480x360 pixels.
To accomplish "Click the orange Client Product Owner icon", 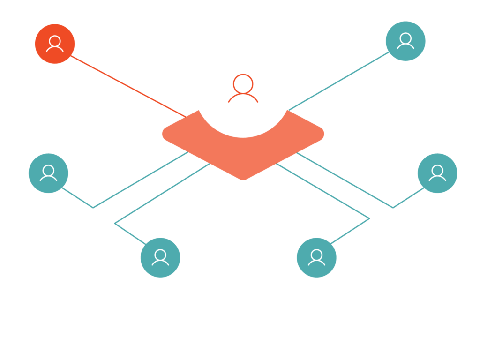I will coord(55,44).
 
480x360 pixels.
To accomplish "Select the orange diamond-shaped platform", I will coord(243,155).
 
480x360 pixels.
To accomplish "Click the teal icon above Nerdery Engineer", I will coord(48,173).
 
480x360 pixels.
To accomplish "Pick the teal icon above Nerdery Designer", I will coord(160,257).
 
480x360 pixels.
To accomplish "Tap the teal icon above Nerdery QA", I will coord(316,257).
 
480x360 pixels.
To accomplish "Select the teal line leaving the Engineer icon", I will coord(77,198).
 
